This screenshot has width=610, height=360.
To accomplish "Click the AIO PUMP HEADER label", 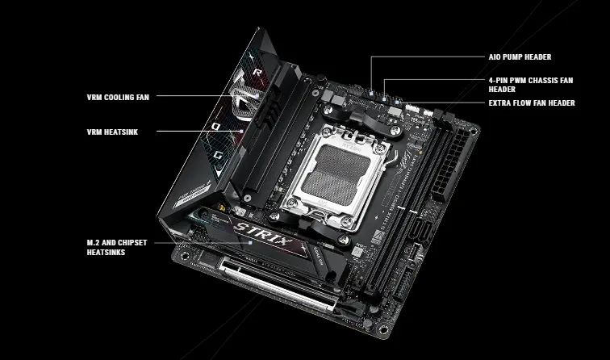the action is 520,57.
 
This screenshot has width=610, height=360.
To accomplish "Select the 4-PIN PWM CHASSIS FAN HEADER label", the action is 531,85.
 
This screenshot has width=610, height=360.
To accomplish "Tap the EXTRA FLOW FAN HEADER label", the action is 532,103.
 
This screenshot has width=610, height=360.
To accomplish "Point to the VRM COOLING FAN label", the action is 118,98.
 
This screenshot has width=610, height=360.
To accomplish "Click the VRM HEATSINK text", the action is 112,132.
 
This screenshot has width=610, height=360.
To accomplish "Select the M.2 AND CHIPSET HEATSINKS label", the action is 117,248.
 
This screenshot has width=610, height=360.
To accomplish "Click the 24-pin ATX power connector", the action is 452,163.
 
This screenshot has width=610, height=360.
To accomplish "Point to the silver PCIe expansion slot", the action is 278,285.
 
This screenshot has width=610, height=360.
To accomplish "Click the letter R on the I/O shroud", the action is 257,72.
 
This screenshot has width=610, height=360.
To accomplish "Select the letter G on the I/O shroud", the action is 218,155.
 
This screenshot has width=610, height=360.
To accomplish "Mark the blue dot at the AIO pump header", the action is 371,94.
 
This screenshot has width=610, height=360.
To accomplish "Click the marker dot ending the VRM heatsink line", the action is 241,131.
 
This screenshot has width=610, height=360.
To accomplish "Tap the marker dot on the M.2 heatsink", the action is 250,242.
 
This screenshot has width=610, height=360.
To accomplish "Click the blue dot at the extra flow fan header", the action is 397,103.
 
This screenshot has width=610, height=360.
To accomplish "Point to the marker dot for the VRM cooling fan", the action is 257,95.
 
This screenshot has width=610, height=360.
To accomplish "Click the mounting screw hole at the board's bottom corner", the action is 383,330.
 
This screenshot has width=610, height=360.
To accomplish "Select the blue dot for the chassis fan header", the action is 384,99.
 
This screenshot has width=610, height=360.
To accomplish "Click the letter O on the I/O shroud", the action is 216,126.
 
